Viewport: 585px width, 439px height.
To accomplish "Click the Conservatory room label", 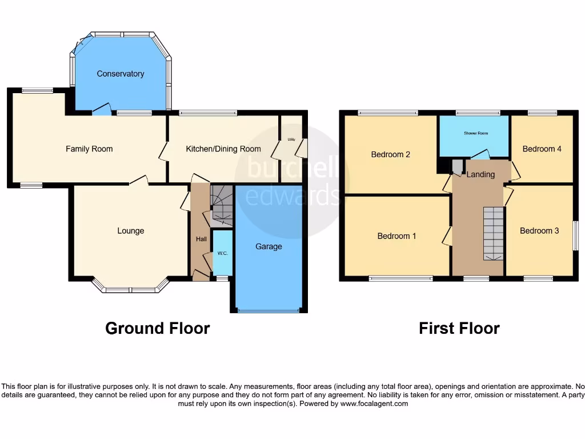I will [x=120, y=74].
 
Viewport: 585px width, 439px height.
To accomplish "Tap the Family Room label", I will [x=89, y=149].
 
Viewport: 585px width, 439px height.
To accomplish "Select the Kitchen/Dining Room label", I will [x=223, y=149].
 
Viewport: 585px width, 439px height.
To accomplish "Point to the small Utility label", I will [x=291, y=139].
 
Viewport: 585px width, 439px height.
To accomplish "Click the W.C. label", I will [x=222, y=254].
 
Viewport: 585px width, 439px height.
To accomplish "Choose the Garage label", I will [x=269, y=247].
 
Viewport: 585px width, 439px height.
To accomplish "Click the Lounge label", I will [x=130, y=231].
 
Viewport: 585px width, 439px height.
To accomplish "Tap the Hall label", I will [x=202, y=240].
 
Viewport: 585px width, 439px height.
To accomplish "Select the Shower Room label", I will [x=475, y=133].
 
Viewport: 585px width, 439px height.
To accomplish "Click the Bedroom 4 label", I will [x=542, y=149].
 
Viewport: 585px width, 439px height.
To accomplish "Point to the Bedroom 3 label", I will [x=539, y=231].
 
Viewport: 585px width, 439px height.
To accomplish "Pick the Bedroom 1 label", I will [x=397, y=236].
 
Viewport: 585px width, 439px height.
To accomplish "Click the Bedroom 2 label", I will [x=391, y=154].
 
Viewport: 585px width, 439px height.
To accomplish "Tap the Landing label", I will [x=480, y=174].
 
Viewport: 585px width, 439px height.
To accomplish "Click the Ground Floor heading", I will [x=157, y=329].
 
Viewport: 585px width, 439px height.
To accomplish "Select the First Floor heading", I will [x=459, y=329].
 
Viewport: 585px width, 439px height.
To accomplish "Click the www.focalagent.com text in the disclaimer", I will [x=374, y=404].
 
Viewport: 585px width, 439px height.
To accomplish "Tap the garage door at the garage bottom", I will [x=269, y=310].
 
